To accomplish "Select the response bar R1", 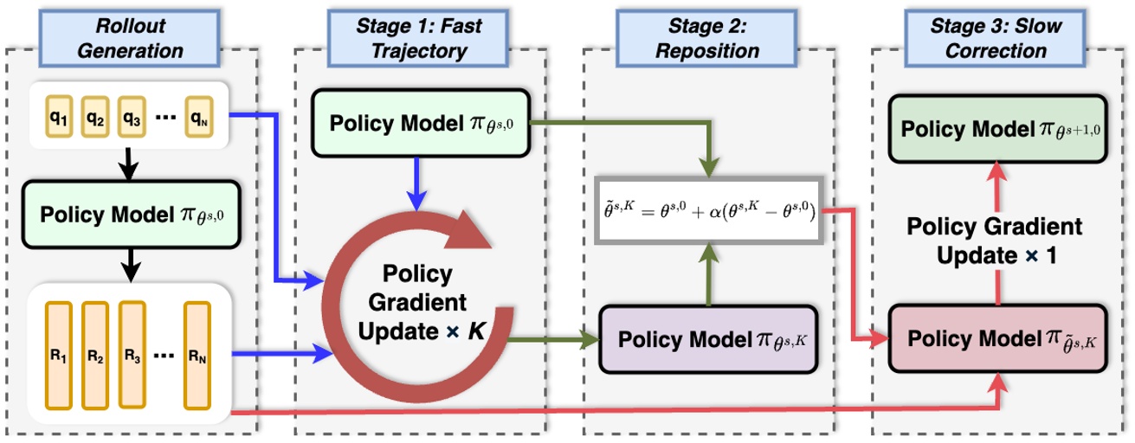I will [x=59, y=355].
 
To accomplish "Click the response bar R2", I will [x=95, y=355].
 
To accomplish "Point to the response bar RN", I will [x=198, y=355].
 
